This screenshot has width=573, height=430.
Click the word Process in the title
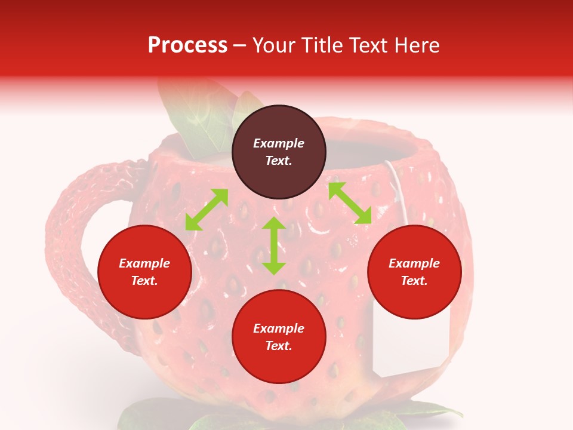(187, 45)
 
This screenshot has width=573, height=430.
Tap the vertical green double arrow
(274, 245)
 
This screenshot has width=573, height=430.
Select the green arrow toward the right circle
(350, 203)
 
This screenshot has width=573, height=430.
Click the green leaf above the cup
(191, 116)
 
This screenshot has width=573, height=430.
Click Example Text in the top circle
(279, 152)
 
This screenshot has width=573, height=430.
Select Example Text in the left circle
(144, 272)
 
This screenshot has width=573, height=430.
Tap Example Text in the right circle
(414, 272)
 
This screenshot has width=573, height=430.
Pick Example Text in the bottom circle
(279, 337)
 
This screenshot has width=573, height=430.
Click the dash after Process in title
(239, 46)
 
